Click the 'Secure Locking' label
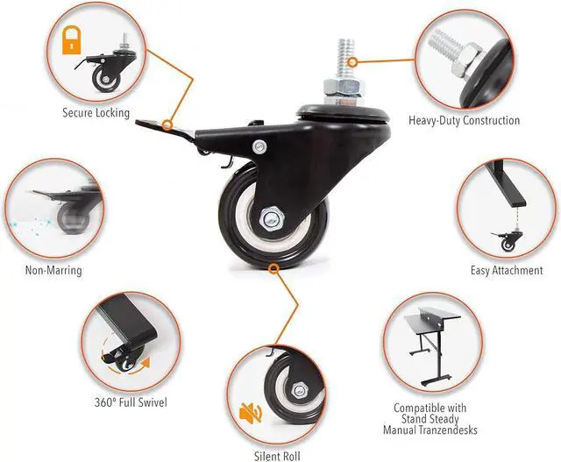pos(96,113)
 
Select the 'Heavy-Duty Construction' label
pos(464,120)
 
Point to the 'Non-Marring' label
pos(53,270)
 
